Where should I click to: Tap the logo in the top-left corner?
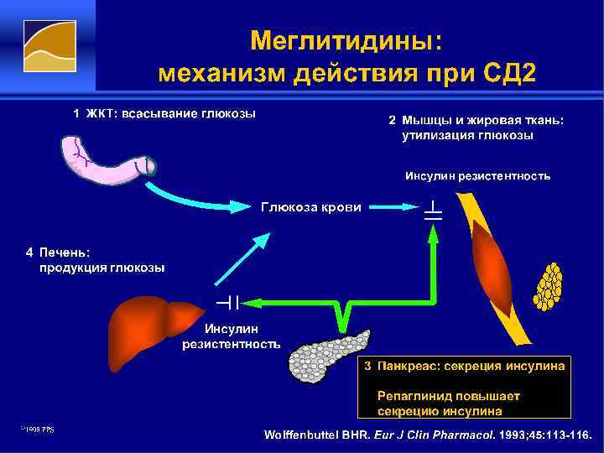click(x=48, y=48)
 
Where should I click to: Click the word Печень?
click(x=65, y=252)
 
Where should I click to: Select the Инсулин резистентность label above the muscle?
click(x=477, y=176)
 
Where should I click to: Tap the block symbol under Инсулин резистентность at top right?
click(x=433, y=210)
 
